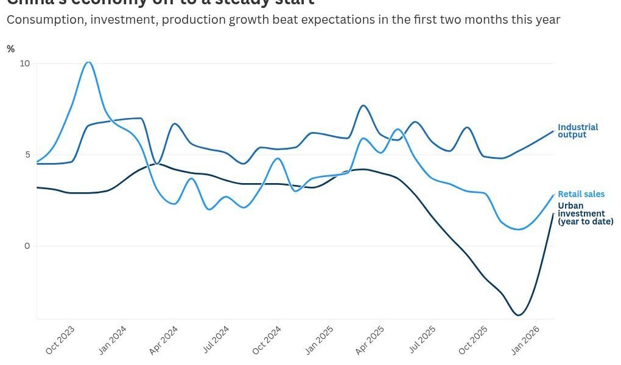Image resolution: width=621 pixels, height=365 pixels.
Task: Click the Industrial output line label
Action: click(x=578, y=131)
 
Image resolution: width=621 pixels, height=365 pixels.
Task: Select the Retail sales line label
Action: click(x=581, y=194)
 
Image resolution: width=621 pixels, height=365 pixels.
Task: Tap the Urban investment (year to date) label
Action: click(x=585, y=214)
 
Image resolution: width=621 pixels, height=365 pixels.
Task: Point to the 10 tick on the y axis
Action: click(x=24, y=63)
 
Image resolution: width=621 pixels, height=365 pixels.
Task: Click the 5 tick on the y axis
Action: click(x=26, y=155)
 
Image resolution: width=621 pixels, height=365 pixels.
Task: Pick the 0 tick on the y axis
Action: click(x=26, y=246)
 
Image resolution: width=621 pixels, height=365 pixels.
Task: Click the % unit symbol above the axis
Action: click(x=10, y=49)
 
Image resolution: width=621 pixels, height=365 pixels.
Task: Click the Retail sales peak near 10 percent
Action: click(x=89, y=62)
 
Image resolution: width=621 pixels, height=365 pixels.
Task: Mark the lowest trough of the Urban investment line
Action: click(x=519, y=315)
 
